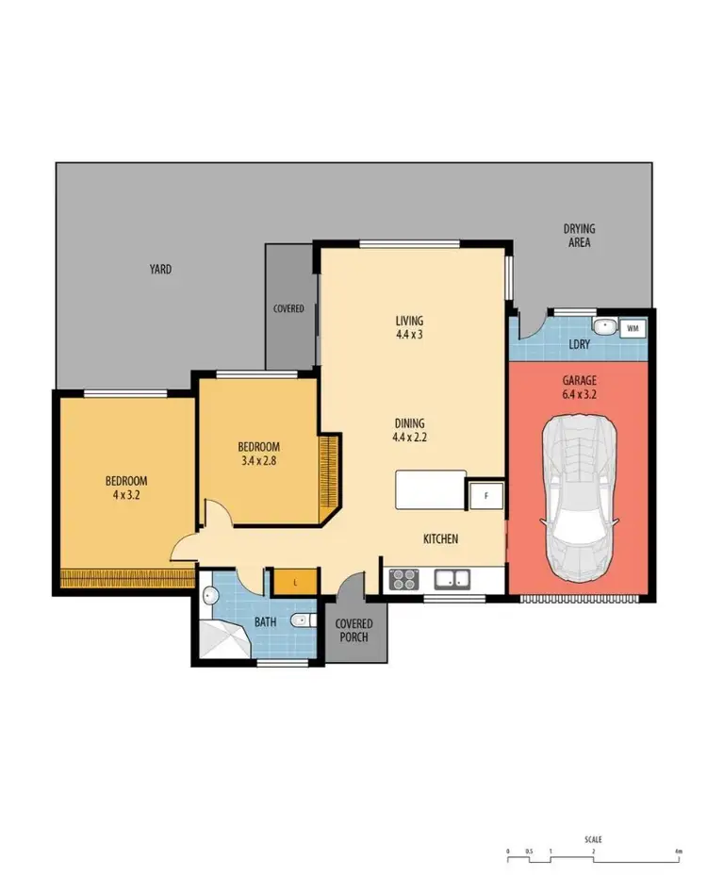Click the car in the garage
coord(578,497)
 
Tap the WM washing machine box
coord(632,328)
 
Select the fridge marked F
coord(486,494)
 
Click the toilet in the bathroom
coord(300,620)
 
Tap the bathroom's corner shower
coord(221,641)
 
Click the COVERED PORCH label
coord(354,630)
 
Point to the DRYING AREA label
coord(579,236)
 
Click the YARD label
coord(160,270)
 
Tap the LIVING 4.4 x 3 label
coord(409,327)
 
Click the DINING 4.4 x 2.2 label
coord(410,429)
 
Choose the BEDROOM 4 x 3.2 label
coord(125,487)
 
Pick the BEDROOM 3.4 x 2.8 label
coord(257,453)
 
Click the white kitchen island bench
coord(430,489)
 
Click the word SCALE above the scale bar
coord(592,839)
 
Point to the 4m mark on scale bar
coord(678,852)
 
